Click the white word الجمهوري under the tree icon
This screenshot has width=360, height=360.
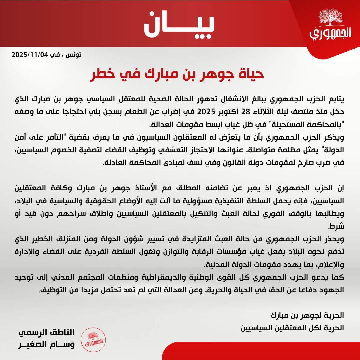[x=330, y=34]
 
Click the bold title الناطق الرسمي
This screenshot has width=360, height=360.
[x=47, y=333]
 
